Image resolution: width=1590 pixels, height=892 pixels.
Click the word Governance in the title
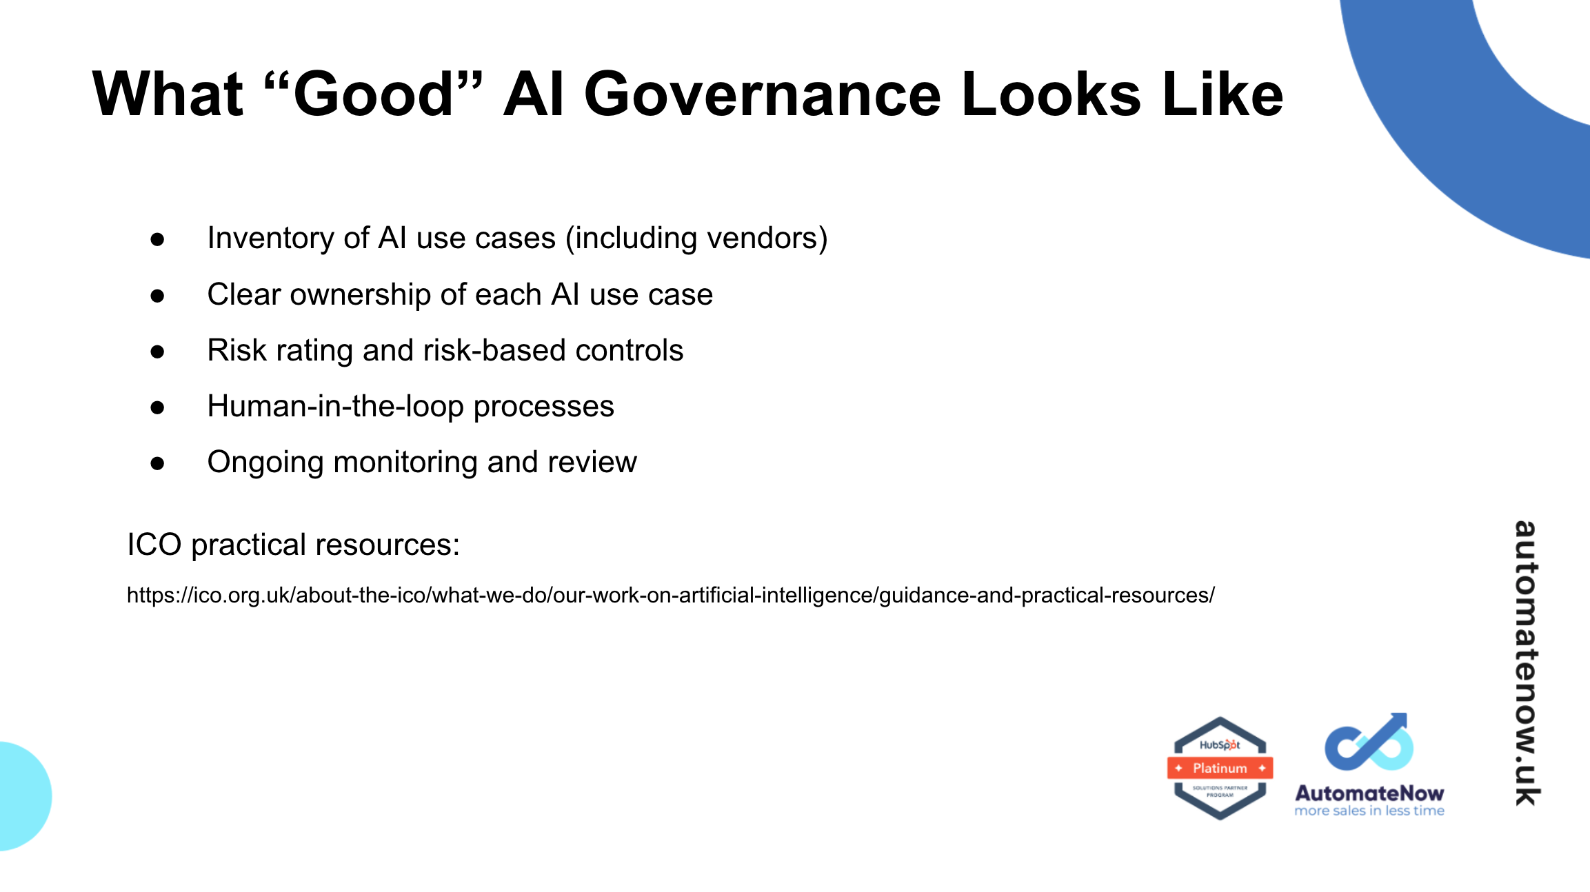coord(762,94)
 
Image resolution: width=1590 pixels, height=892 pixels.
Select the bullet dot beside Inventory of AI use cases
coord(158,239)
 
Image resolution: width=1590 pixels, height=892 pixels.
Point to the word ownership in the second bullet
coord(361,294)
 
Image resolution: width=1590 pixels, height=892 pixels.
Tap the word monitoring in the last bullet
coord(405,462)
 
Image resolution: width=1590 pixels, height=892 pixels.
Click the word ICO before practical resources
coord(154,545)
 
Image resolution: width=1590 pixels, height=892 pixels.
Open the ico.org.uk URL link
coord(670,595)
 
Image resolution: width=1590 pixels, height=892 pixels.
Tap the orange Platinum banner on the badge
coord(1220,768)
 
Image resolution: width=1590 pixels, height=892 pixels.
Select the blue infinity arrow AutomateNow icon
coord(1369,743)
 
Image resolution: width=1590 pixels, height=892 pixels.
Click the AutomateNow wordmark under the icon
coord(1369,793)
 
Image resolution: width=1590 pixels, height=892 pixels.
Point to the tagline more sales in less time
coord(1369,811)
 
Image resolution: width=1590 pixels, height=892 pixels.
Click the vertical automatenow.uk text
coord(1526,662)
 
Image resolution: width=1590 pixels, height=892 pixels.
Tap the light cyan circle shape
coord(21,796)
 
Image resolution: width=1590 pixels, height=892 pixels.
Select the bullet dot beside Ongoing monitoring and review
coord(158,463)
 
